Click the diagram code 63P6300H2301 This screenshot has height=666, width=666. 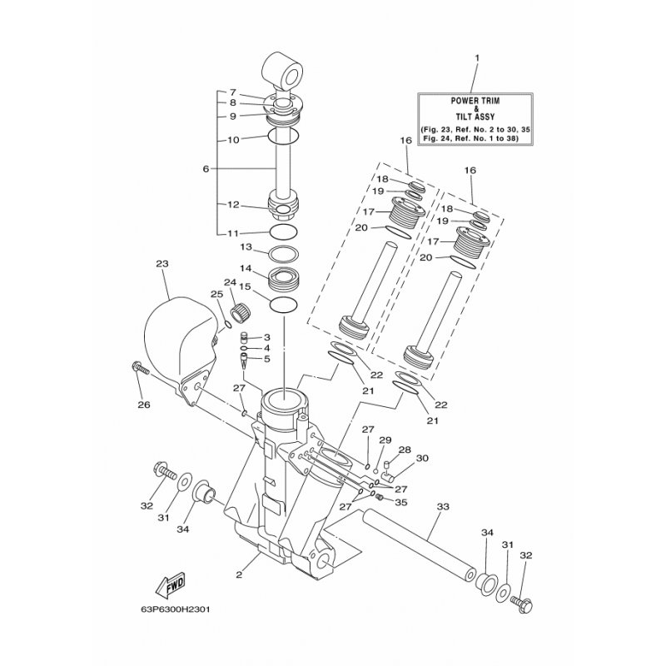176,609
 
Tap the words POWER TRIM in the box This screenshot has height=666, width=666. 475,101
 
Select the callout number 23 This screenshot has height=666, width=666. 162,264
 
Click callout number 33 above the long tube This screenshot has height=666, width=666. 443,507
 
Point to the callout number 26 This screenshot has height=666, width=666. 144,405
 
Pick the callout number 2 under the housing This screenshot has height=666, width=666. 239,575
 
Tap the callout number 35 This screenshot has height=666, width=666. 401,503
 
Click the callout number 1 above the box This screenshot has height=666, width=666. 476,57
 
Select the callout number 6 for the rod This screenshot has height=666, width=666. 206,169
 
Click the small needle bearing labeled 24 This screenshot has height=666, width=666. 241,313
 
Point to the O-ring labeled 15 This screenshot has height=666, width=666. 284,305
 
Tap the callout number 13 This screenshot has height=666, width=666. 246,247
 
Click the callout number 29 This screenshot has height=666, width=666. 385,440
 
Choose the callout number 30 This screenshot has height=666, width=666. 422,459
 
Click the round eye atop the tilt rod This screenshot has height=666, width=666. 281,71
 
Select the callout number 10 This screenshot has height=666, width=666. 234,140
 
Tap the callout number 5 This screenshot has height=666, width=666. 266,359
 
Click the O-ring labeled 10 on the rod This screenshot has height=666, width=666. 283,136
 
